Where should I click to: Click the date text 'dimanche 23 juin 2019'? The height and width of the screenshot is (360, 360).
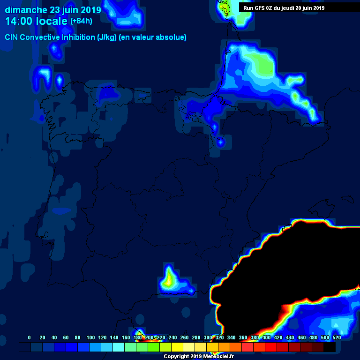[52, 10]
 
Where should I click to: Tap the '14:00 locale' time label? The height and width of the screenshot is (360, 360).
[37, 21]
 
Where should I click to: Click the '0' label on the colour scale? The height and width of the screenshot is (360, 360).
[30, 337]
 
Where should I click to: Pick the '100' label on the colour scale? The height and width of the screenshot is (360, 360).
[90, 337]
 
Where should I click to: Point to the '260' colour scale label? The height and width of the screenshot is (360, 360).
[184, 337]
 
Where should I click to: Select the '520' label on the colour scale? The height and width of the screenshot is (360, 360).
[337, 337]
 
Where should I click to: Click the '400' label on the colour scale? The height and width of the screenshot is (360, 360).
[266, 337]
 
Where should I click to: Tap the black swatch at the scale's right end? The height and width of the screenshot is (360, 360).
[330, 347]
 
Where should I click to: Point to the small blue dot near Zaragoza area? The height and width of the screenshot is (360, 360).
[221, 141]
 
